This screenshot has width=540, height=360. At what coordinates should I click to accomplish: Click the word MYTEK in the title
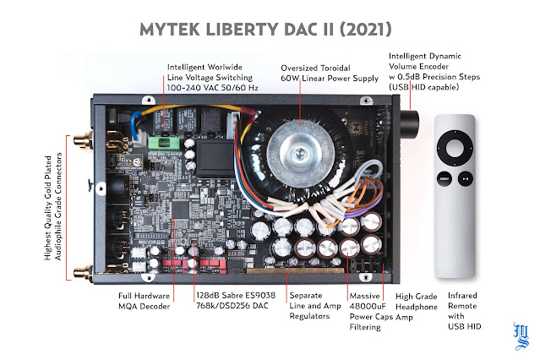pos(170,30)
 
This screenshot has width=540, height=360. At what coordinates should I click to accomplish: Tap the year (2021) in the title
pos(366,30)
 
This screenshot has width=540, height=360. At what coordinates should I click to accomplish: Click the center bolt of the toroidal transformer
pos(300,151)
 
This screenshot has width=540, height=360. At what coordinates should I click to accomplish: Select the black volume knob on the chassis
pos(409,124)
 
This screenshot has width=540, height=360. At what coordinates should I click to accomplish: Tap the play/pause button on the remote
pos(466,179)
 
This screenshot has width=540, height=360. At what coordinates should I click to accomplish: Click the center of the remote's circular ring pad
pos(455,148)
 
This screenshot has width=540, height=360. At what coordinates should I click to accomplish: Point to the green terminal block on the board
pos(164,143)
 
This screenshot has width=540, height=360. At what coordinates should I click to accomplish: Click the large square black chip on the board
pos(181,209)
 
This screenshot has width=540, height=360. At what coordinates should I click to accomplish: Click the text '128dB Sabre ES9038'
pos(236,295)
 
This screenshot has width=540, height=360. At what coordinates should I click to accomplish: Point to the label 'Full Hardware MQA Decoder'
pos(144,301)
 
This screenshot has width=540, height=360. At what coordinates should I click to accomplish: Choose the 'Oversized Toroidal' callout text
pos(315,68)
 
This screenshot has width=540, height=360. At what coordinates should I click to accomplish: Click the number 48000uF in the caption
pos(368,306)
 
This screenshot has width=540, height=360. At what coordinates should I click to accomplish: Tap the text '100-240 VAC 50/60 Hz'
pos(212,88)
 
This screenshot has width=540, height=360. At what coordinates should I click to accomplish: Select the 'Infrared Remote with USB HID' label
pos(464,311)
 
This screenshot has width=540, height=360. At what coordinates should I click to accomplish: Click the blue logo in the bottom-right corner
pos(521,335)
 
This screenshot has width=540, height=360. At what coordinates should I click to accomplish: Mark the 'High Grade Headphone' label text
pos(417,302)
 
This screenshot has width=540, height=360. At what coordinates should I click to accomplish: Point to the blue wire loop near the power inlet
pos(136,123)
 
